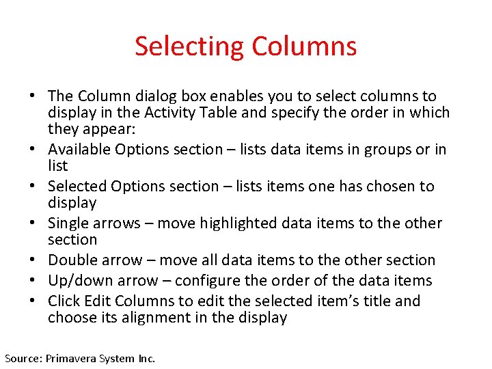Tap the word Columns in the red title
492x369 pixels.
point(304,46)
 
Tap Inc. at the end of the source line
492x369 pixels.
point(146,357)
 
